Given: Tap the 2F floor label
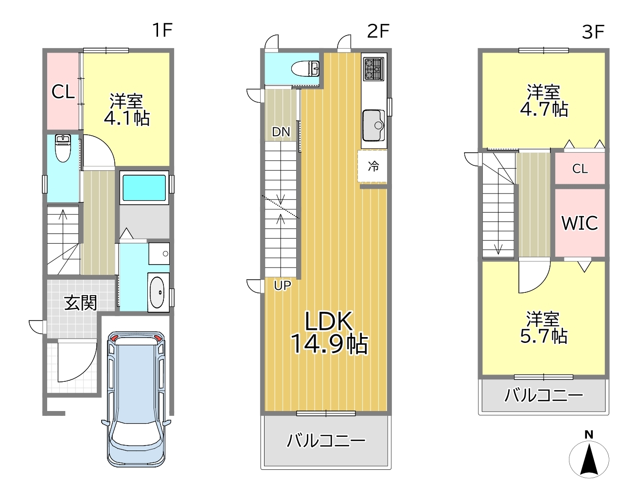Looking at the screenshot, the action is pos(378,31).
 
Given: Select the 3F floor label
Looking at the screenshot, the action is pos(593,32).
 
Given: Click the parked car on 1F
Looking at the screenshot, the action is pos(136,399).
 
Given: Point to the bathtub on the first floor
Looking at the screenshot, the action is pos(144,188).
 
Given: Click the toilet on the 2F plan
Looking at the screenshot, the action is pos(305,69).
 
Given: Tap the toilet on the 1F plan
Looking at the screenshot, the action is pos(63,148).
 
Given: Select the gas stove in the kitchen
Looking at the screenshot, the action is pos(373,69).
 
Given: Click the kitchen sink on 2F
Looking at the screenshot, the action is pos(373,125).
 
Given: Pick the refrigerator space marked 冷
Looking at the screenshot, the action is pos(373,166).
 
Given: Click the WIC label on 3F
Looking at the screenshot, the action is pos(580,223).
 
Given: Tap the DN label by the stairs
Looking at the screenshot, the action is pos(281,132).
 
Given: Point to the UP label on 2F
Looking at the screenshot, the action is pos(283,285).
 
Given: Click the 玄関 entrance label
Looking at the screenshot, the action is pos(80,303).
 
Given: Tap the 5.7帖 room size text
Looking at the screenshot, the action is pos(544,336).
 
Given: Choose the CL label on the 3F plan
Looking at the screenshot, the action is pos(580,169).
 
